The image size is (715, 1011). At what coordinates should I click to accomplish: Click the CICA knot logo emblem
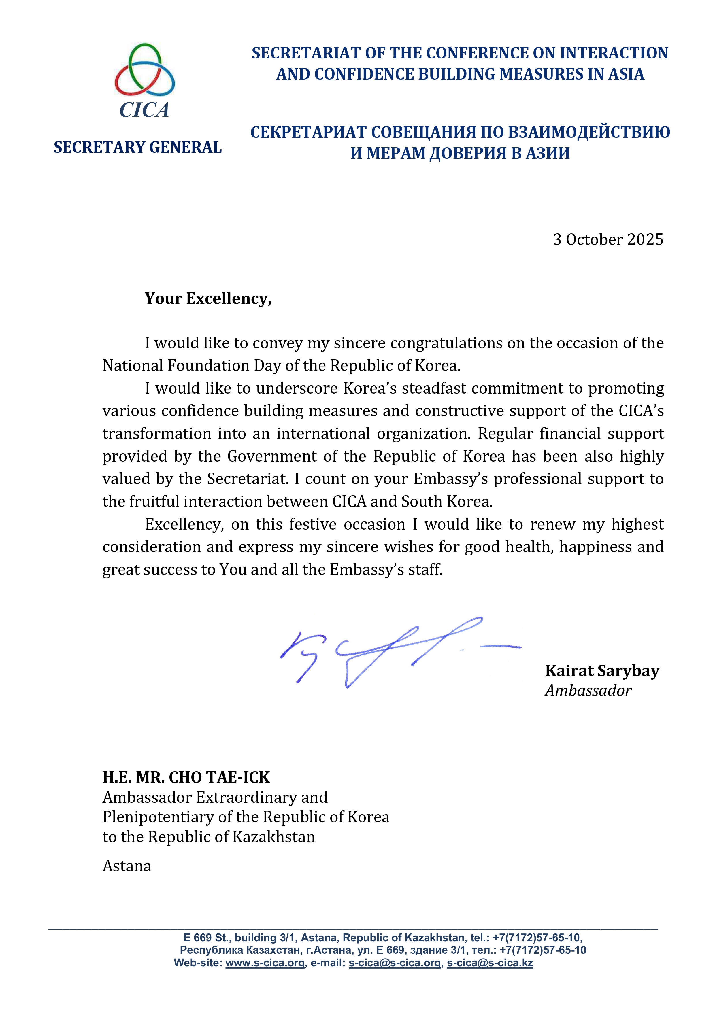pyautogui.click(x=144, y=69)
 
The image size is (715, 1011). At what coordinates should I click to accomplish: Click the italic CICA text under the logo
pyautogui.click(x=144, y=110)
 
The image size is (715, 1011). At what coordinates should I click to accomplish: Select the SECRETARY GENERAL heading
pyautogui.click(x=137, y=148)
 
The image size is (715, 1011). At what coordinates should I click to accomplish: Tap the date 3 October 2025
pyautogui.click(x=608, y=239)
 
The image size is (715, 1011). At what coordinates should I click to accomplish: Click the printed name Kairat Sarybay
pyautogui.click(x=602, y=671)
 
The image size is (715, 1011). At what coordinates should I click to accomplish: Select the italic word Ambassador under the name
pyautogui.click(x=588, y=690)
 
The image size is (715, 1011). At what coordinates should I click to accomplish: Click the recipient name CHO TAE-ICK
pyautogui.click(x=219, y=778)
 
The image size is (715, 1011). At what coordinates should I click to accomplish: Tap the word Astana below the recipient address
pyautogui.click(x=127, y=866)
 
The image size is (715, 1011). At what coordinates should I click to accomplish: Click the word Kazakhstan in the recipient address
pyautogui.click(x=273, y=837)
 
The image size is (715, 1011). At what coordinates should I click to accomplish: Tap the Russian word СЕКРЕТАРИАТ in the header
pyautogui.click(x=308, y=132)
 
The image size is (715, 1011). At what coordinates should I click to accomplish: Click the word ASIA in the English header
pyautogui.click(x=626, y=74)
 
